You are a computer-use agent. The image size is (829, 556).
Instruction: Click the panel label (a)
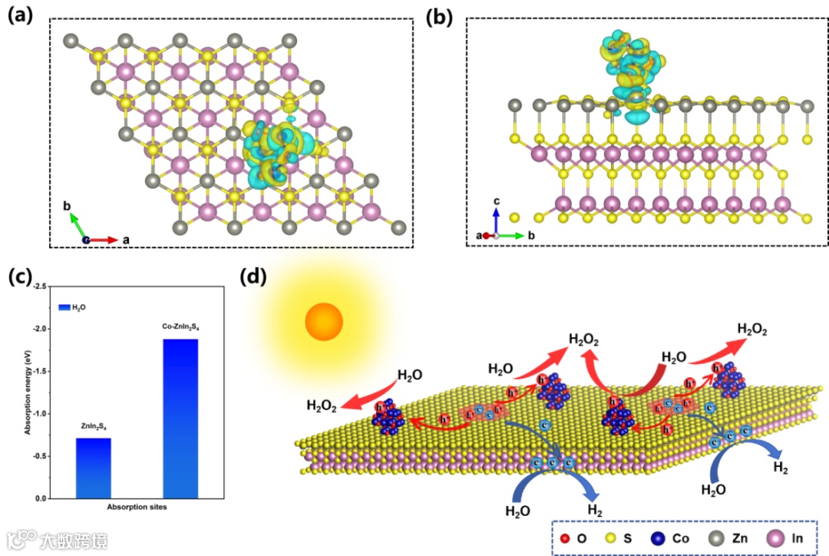coord(21,15)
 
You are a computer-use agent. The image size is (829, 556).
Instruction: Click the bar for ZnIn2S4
coord(94,468)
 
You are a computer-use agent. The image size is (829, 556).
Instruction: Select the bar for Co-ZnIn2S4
coord(181,419)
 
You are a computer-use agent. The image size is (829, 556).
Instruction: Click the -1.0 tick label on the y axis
coord(38,414)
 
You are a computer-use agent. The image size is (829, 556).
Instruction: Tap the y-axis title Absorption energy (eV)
coord(28,392)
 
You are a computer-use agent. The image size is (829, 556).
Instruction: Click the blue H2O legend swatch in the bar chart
coord(64,307)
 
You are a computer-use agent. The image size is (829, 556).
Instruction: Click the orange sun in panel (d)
coord(323,321)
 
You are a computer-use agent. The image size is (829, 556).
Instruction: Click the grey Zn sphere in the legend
coord(712,538)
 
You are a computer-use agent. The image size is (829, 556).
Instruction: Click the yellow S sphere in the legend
coord(610,538)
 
